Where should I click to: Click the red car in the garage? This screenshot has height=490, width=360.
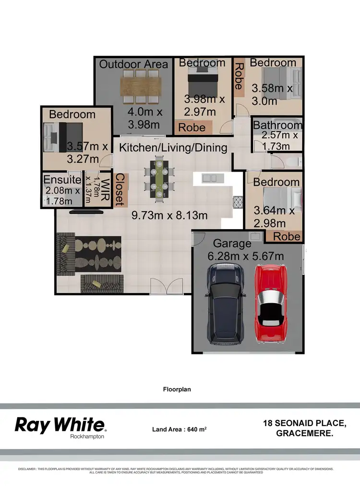click(x=272, y=304)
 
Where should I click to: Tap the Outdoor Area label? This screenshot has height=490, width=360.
click(x=133, y=64)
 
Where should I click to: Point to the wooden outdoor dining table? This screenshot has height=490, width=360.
click(x=140, y=86)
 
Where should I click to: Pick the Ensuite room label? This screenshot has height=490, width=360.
click(x=62, y=180)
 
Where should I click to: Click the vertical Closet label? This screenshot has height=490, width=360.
click(x=120, y=190)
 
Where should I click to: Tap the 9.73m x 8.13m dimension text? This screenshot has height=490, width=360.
click(x=169, y=215)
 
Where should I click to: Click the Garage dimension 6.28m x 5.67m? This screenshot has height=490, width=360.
click(x=246, y=256)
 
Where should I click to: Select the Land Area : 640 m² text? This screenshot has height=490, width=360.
click(x=179, y=429)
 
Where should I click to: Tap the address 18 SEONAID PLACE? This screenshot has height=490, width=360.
click(x=304, y=423)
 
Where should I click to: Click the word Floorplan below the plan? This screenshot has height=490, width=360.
click(x=177, y=389)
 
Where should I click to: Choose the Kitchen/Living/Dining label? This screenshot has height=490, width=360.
click(x=173, y=147)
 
